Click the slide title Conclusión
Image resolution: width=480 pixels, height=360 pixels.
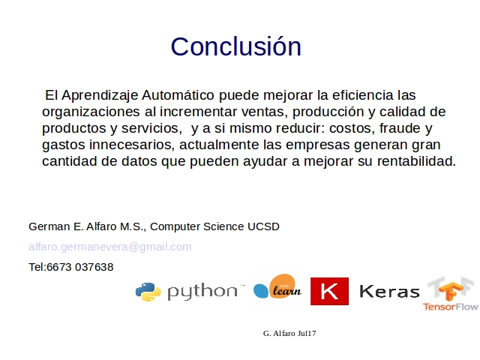(x=236, y=46)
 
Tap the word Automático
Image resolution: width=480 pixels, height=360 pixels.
(x=178, y=95)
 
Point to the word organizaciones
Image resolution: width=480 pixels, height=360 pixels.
(x=91, y=112)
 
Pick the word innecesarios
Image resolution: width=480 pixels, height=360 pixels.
(x=132, y=145)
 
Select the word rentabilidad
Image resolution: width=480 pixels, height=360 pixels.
(x=416, y=161)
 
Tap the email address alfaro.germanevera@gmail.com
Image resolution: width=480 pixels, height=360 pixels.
(x=110, y=247)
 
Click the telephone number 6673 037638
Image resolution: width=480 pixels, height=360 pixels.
(x=80, y=267)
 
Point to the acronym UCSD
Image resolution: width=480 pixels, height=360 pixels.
(x=263, y=226)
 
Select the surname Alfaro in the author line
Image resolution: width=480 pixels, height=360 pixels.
(x=101, y=226)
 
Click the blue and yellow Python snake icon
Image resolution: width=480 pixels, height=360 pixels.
(x=148, y=292)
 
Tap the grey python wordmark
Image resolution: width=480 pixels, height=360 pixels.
(x=202, y=292)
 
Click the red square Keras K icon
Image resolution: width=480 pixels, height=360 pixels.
(x=329, y=291)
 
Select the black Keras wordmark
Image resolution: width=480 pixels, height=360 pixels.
(x=389, y=292)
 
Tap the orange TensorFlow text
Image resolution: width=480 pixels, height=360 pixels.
(x=450, y=307)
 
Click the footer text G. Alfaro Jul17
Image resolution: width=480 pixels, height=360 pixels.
(x=289, y=333)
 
